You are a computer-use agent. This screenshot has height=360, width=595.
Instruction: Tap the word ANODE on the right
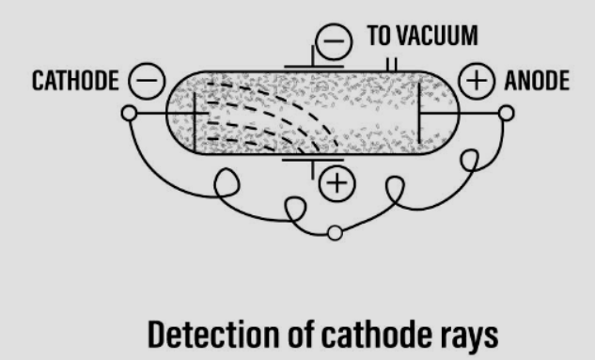pos(536,81)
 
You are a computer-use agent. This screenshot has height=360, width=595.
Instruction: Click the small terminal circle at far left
pos(130,114)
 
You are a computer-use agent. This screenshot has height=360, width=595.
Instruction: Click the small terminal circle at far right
pos(507,114)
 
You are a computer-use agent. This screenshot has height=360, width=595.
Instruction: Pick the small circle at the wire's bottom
pos(334,233)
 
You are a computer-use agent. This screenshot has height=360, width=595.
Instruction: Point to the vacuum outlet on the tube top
pos(391,64)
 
